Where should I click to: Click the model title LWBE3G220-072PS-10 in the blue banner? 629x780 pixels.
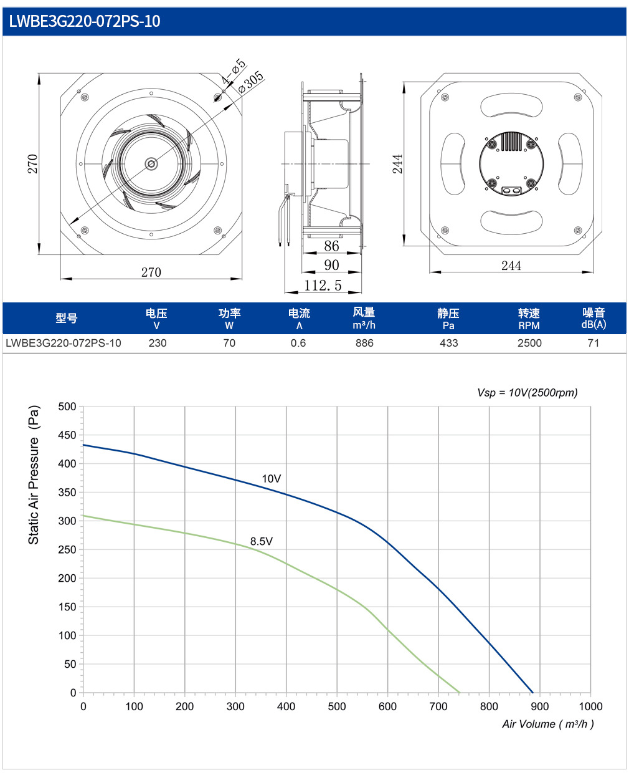(85, 21)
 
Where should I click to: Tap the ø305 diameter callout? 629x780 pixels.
(250, 82)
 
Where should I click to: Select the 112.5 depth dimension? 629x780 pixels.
(323, 286)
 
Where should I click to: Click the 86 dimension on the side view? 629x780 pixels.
(331, 246)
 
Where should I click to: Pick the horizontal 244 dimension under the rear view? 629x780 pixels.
(511, 266)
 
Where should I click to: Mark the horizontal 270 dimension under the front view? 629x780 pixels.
(151, 272)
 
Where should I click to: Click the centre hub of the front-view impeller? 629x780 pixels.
(151, 164)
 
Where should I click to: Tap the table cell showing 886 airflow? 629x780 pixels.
(364, 343)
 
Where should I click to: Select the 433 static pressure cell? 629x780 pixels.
(449, 343)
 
